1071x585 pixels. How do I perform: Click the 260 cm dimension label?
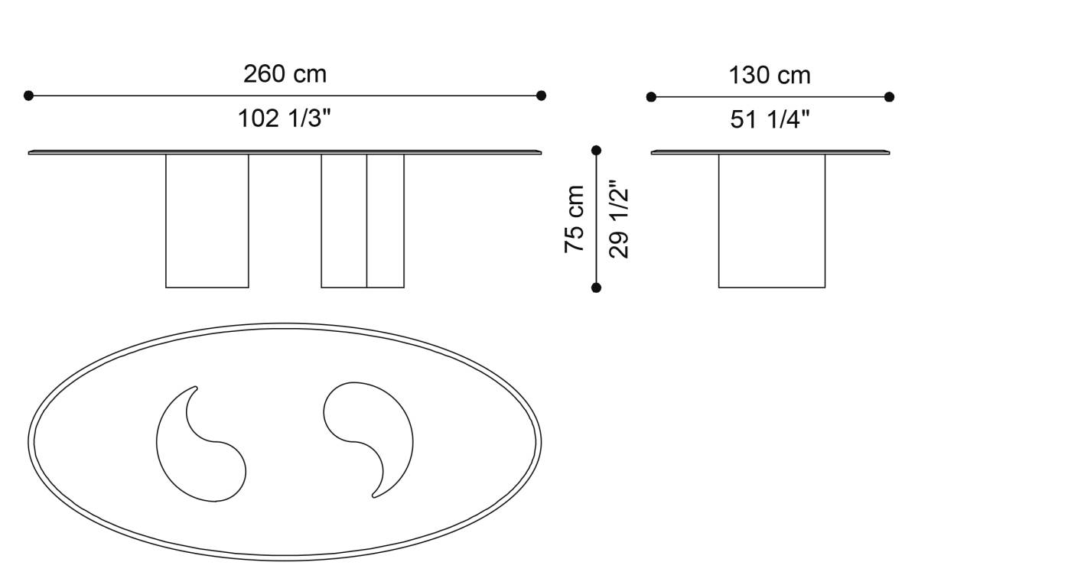point(285,74)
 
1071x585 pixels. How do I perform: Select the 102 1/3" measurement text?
point(285,119)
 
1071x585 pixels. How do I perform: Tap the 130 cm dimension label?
point(769,76)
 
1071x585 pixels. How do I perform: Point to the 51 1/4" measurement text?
point(770,120)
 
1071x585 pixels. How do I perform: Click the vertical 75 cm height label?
point(575,219)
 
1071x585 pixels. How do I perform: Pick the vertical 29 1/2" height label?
point(619,219)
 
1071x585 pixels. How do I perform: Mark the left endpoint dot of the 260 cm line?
point(29,96)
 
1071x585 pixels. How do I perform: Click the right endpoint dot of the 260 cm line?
point(541,96)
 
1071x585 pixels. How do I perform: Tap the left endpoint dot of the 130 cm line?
point(651,97)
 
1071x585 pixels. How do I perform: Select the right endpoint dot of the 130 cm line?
point(889,97)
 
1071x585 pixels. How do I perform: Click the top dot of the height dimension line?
point(597,151)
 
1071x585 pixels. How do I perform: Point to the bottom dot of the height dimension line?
point(597,288)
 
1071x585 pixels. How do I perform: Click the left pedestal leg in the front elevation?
point(207,221)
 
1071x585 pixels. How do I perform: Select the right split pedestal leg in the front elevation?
point(363,221)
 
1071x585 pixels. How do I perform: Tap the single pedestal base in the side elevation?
point(772,221)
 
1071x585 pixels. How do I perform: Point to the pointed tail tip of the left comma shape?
point(195,388)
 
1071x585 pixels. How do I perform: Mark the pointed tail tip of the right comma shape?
point(373,496)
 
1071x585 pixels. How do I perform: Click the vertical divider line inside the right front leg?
point(366,221)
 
